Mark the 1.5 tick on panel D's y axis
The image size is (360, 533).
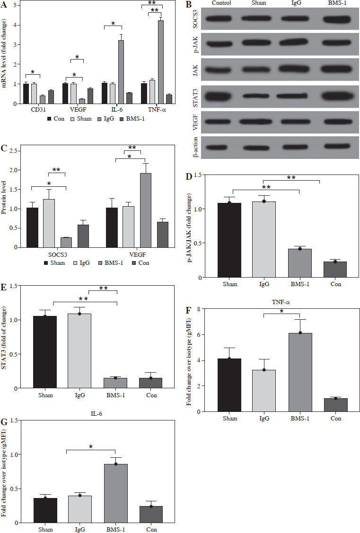click(x=207, y=175)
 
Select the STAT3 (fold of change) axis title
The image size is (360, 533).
click(x=7, y=337)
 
